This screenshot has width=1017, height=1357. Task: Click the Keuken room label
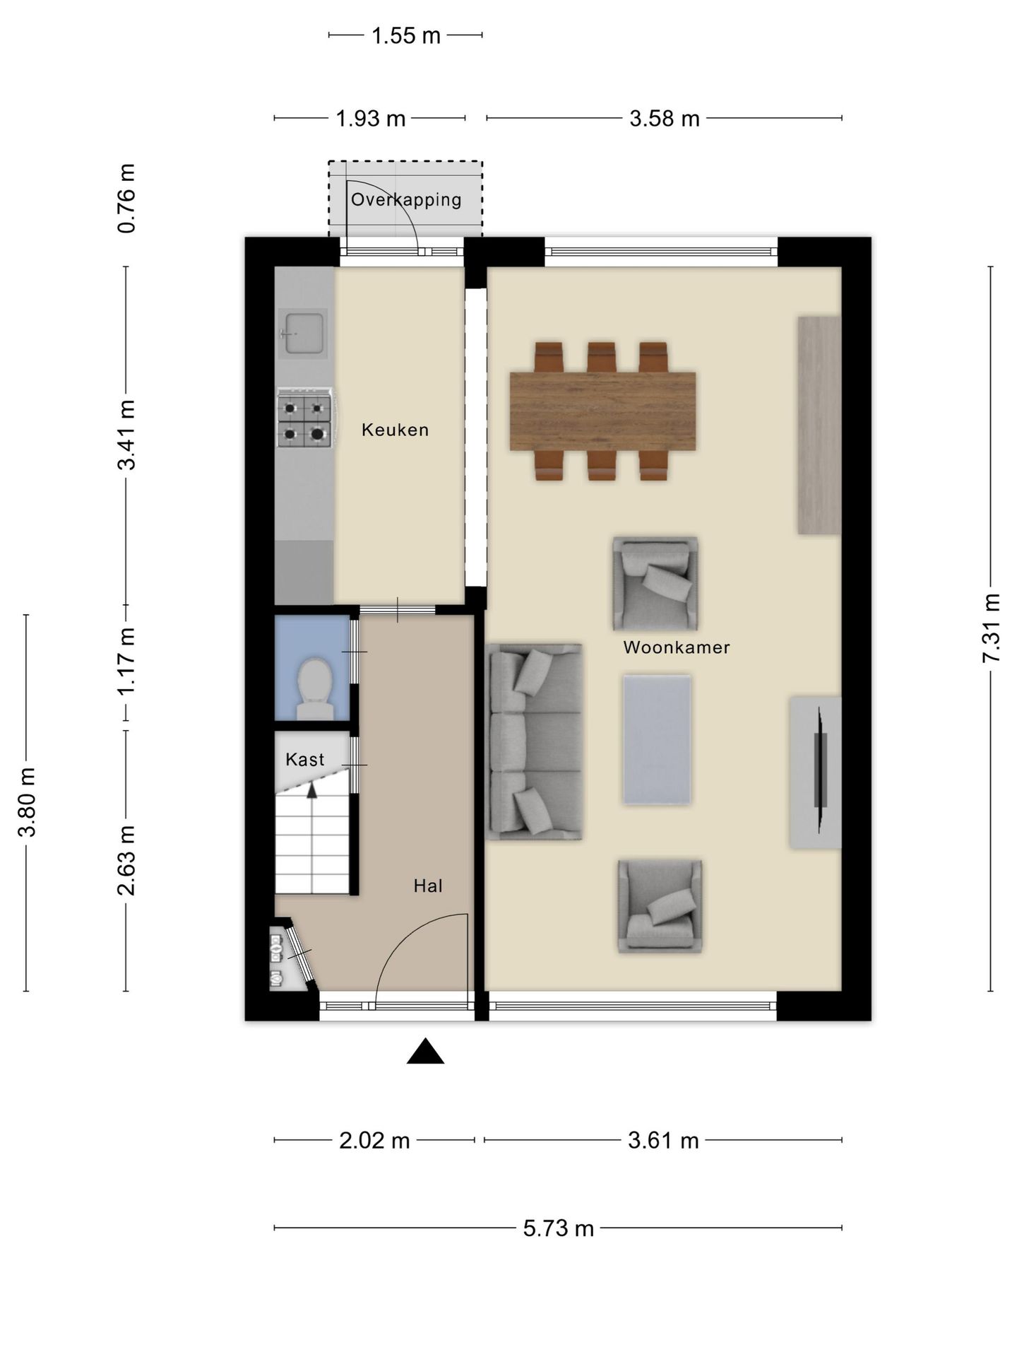(395, 430)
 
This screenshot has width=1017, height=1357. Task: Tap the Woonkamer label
(676, 647)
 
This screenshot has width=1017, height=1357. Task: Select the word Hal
(428, 886)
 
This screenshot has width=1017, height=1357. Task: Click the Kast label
(305, 760)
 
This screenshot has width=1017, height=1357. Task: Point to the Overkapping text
(406, 200)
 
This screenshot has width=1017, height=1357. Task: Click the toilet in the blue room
(314, 688)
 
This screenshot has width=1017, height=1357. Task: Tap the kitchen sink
(303, 334)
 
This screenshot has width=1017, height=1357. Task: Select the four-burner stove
(305, 418)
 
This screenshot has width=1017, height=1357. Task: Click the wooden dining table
(602, 411)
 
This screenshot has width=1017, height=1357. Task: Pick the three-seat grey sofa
(535, 741)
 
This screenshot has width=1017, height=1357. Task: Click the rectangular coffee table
(657, 739)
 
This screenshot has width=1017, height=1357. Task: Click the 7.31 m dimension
(991, 629)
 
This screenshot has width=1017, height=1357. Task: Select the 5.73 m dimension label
(558, 1228)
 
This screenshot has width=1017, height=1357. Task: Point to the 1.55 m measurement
(406, 35)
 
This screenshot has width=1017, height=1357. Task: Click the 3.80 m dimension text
(27, 802)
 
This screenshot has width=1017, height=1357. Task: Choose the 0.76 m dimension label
(126, 198)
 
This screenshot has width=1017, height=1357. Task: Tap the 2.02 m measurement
(374, 1141)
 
